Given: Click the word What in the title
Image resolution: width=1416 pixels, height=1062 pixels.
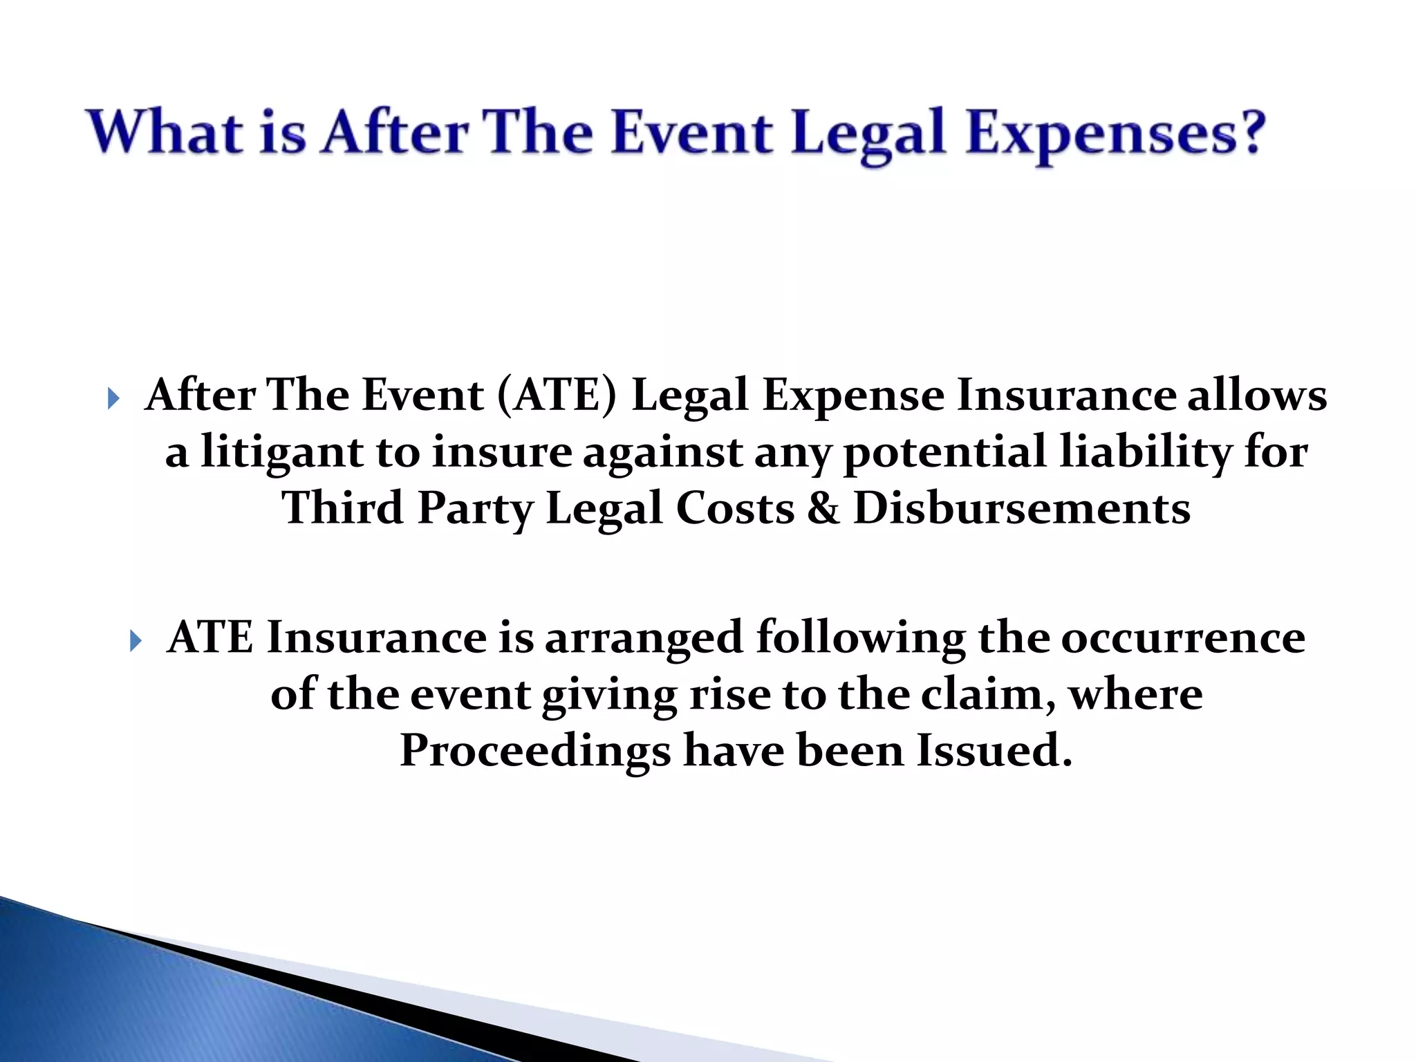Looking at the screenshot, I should point(165,132).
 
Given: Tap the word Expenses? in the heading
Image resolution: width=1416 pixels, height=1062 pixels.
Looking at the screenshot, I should point(1115,132).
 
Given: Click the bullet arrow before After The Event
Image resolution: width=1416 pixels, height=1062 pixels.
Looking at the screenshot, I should point(113,398).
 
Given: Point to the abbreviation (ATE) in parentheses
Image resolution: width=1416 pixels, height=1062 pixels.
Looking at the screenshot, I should point(556,396).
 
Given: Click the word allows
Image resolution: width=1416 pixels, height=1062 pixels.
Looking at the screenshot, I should point(1256,396).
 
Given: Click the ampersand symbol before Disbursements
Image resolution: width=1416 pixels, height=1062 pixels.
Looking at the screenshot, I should point(823,509).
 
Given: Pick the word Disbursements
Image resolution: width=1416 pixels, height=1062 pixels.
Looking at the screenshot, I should point(1021,509).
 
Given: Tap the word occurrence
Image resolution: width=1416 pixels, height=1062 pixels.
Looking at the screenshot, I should point(1182,637).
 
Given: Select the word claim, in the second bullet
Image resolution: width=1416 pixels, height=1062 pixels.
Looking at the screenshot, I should point(989,694).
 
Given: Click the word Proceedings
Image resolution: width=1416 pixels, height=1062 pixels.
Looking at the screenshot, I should point(534,752).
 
